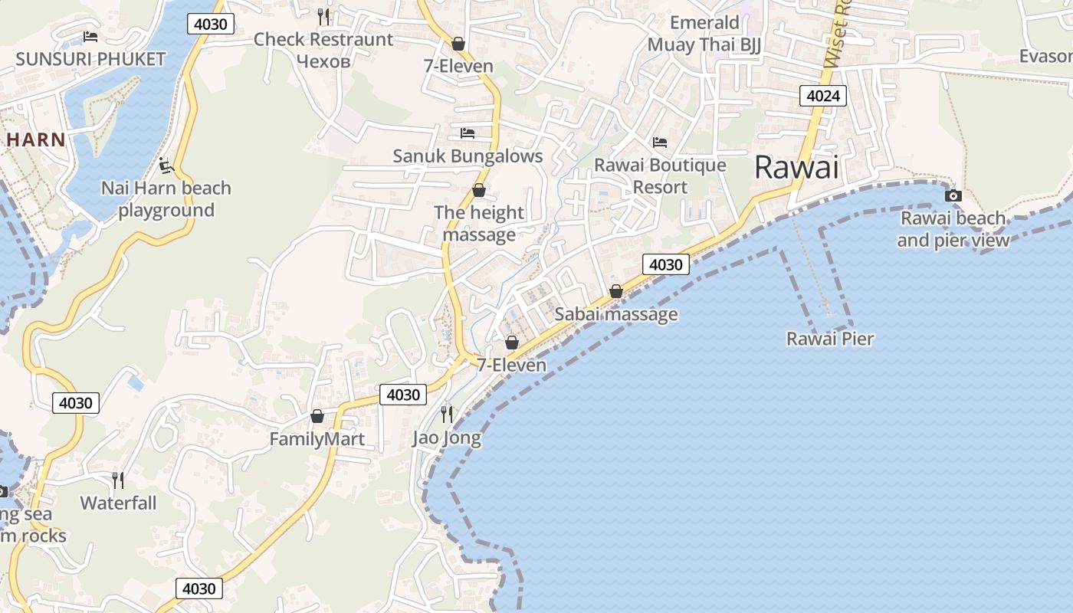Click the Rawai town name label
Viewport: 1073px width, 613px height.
coord(796,167)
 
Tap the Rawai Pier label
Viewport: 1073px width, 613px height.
coord(830,339)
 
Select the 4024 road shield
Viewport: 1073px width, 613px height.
coord(823,96)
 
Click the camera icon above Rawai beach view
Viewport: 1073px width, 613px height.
coord(953,195)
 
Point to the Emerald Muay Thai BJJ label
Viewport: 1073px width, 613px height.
coord(704,34)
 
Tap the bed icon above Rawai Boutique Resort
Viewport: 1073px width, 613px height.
coord(659,143)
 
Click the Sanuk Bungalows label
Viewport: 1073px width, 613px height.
coord(468,156)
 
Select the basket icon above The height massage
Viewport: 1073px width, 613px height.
coord(479,190)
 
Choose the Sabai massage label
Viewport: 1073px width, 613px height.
coord(616,314)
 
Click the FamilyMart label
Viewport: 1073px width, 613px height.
coord(317,440)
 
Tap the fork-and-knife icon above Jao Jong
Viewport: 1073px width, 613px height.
coord(447,415)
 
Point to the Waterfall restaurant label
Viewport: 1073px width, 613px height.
coord(118,503)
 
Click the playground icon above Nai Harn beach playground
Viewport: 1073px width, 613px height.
coord(166,165)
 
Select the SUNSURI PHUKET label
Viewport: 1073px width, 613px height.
coord(90,59)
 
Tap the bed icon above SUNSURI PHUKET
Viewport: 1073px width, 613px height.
coord(90,37)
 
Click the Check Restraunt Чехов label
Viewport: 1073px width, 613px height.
coord(323,50)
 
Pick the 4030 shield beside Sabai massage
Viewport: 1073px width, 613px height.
coord(665,264)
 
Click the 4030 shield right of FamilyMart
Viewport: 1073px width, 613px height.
coord(403,395)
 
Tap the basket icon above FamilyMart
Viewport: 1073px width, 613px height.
coord(317,416)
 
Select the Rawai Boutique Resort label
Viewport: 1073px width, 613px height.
coord(660,176)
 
